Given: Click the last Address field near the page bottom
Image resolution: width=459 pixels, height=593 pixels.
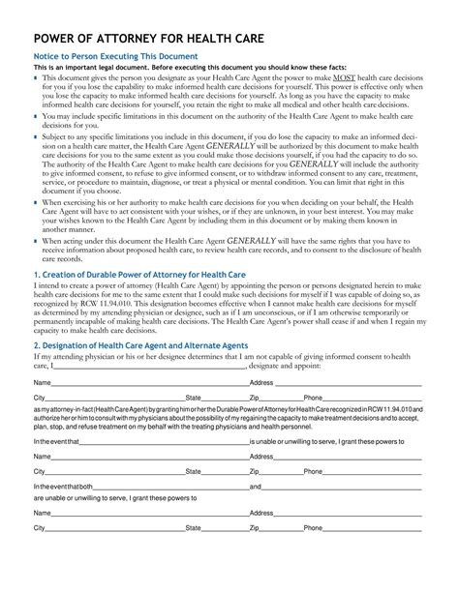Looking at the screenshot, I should [x=349, y=513].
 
